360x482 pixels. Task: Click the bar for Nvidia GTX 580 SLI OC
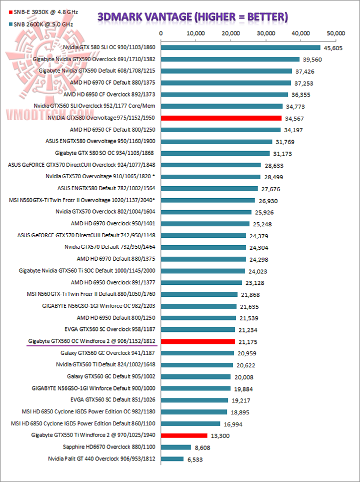click(x=240, y=48)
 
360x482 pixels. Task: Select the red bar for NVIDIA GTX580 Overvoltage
click(x=221, y=118)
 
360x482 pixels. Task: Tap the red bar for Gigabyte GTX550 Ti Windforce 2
click(x=184, y=435)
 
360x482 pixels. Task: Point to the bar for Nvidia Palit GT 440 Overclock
click(x=172, y=459)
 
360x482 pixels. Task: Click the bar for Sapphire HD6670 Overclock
click(x=175, y=447)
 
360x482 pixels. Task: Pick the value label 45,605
click(x=333, y=48)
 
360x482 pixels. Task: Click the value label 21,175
click(x=248, y=342)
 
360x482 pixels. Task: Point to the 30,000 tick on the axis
click(x=266, y=33)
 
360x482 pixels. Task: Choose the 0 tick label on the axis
click(x=160, y=33)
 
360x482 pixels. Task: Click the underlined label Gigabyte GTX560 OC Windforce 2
click(x=91, y=341)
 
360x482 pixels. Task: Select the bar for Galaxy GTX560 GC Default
click(x=195, y=377)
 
